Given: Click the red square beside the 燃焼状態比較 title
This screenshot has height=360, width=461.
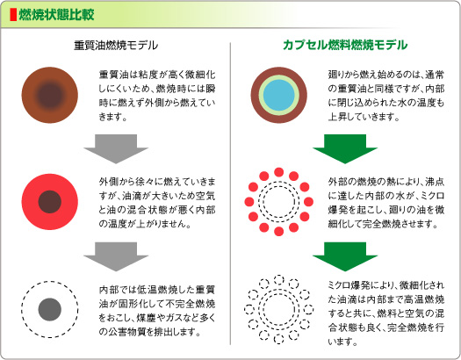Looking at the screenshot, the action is [x=13, y=15].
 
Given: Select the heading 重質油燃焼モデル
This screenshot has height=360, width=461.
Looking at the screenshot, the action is [x=116, y=46].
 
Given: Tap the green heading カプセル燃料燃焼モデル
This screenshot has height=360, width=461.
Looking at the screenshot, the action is [x=345, y=45].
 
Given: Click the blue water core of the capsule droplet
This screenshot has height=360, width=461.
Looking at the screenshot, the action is [x=278, y=95].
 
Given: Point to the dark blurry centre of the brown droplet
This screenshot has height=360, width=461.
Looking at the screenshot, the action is [x=50, y=95].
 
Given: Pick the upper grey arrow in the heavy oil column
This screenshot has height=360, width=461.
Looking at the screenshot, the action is [x=116, y=148].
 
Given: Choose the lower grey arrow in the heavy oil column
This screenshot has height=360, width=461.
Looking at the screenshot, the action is [x=116, y=256].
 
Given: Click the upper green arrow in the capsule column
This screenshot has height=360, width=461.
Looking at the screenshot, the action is [x=345, y=148].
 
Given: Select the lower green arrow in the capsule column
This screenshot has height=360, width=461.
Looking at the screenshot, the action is [x=345, y=256].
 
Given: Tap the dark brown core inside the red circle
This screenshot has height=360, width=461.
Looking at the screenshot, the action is [x=50, y=202].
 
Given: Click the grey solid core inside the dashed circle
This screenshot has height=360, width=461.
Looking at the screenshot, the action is [x=50, y=309].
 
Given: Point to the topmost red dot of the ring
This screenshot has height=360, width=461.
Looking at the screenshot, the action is [x=278, y=172].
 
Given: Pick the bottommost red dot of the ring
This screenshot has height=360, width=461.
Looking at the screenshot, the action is [x=278, y=232].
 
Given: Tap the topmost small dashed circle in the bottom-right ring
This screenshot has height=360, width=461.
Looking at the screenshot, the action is [x=278, y=280].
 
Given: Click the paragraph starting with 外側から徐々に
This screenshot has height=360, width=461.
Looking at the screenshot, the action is [x=157, y=203].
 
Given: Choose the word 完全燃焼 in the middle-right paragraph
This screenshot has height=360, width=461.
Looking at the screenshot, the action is [x=381, y=224].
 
